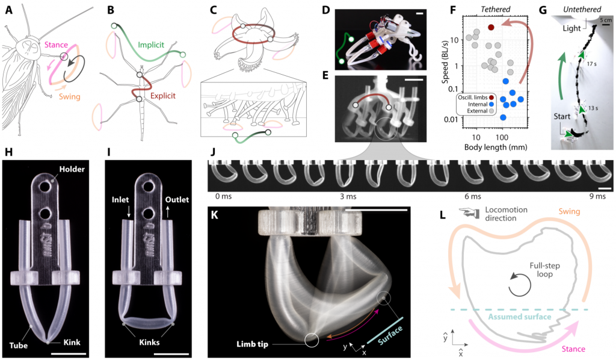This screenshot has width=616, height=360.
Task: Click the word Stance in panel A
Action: click(56, 45)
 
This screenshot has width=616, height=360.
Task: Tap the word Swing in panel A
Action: click(70, 97)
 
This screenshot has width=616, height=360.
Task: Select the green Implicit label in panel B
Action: click(151, 45)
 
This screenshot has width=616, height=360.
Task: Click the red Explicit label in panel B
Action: click(162, 96)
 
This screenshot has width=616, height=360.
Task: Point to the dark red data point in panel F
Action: click(491, 27)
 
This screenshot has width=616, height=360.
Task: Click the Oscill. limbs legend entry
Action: click(475, 98)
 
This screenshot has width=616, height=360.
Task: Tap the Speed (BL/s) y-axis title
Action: click(445, 61)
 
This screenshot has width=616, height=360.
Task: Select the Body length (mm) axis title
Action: click(496, 147)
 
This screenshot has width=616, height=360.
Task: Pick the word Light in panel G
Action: click(571, 28)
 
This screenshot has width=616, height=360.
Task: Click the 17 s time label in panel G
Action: click(591, 64)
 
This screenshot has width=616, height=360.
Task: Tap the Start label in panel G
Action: click(562, 116)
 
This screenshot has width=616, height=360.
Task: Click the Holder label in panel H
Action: click(72, 169)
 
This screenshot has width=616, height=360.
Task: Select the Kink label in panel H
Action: click(72, 343)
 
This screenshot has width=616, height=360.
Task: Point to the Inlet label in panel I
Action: click(120, 200)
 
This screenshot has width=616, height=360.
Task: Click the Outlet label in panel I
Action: click(177, 200)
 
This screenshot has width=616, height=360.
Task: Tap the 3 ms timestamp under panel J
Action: click(348, 196)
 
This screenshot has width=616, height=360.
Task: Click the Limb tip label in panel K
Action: click(252, 344)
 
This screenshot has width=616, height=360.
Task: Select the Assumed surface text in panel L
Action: click(520, 317)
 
